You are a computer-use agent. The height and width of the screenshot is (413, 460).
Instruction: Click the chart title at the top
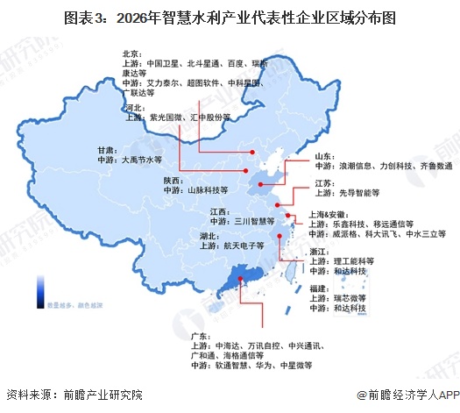tap(230, 17)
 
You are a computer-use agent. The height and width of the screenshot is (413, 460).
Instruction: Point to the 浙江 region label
tap(319, 251)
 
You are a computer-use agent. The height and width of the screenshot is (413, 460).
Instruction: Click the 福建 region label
tap(319, 288)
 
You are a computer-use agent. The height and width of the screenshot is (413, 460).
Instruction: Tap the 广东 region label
tap(201, 336)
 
